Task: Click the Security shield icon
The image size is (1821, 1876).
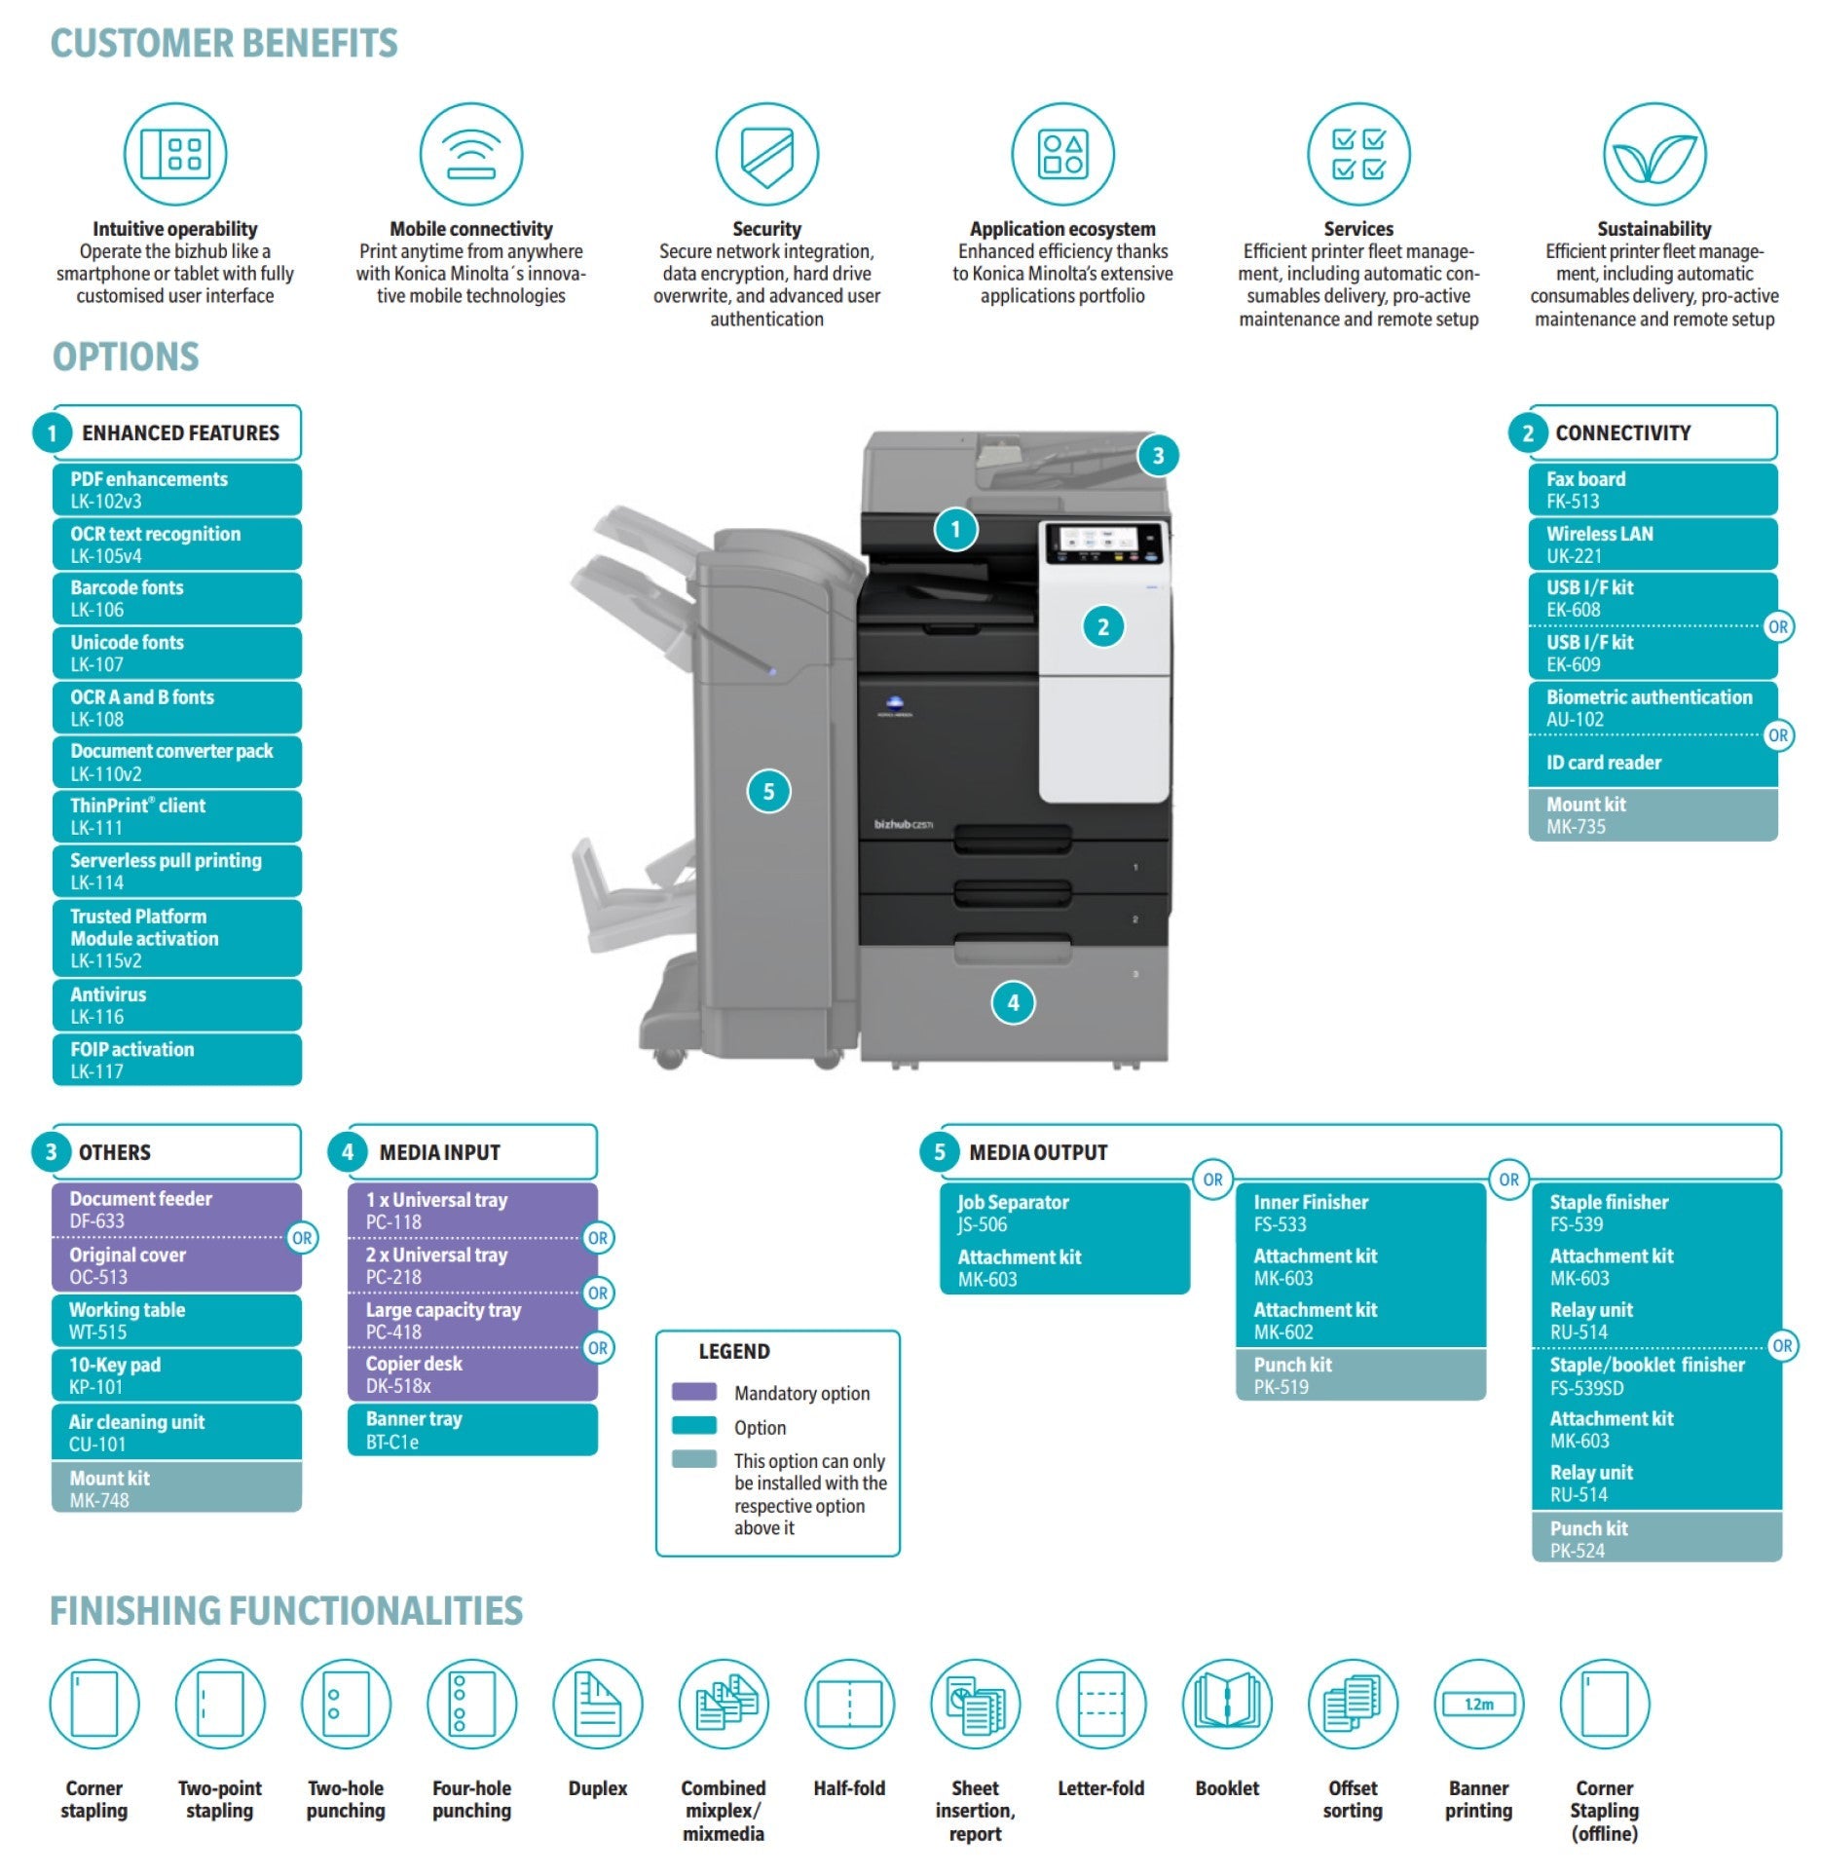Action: click(x=766, y=154)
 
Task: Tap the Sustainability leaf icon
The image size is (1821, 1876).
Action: click(x=1654, y=154)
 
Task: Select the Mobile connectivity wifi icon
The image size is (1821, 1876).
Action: click(x=470, y=154)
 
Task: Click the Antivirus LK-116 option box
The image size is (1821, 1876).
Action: click(x=176, y=1005)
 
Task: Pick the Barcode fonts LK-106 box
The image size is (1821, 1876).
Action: click(x=176, y=598)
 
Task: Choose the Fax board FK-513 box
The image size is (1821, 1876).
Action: click(x=1653, y=489)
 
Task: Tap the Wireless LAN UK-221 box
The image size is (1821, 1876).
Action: click(x=1653, y=544)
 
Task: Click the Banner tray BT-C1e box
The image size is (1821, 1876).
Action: click(x=472, y=1429)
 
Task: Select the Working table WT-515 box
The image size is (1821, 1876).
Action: click(x=176, y=1320)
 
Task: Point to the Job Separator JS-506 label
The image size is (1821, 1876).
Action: click(x=1013, y=1214)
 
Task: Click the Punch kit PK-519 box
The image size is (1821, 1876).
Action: click(x=1360, y=1374)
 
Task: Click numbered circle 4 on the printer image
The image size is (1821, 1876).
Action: click(x=1013, y=1002)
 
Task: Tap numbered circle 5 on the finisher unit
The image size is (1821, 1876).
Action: click(x=768, y=791)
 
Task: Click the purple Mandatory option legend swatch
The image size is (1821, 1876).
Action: click(x=693, y=1392)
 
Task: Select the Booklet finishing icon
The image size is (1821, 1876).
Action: click(x=1227, y=1704)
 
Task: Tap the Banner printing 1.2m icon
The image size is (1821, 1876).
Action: click(x=1478, y=1704)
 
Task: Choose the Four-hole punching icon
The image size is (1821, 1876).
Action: click(x=471, y=1704)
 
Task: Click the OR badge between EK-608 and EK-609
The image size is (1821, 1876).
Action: click(x=1777, y=626)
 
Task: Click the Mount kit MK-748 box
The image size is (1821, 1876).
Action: click(x=176, y=1487)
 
